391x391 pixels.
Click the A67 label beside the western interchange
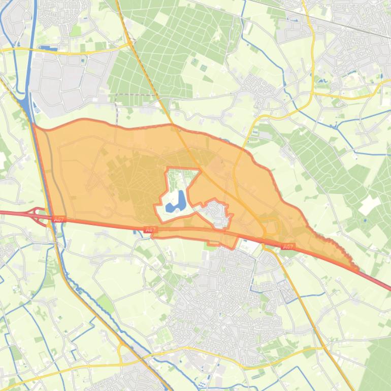58,219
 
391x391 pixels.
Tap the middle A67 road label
150,230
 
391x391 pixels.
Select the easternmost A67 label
288,247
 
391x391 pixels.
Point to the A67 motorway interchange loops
39,215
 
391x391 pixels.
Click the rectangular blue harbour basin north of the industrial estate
49,49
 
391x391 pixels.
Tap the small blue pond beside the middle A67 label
136,233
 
